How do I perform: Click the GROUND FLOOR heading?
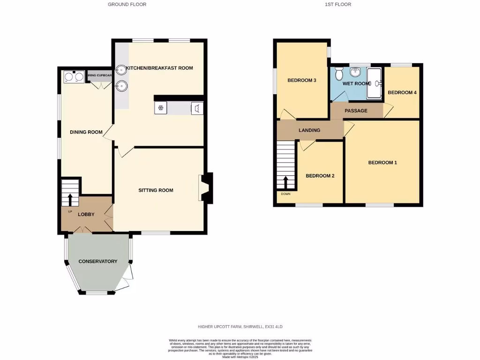[127, 4]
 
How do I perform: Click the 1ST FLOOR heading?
[337, 4]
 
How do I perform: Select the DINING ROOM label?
[86, 132]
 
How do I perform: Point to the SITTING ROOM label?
[156, 190]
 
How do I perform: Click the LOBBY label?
[86, 215]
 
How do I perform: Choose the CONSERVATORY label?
[97, 262]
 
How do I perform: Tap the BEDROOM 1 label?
[382, 163]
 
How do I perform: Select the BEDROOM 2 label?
[320, 176]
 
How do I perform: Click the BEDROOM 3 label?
[301, 81]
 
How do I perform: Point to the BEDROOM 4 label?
[402, 93]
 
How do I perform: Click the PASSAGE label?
[356, 111]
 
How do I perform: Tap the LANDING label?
[309, 130]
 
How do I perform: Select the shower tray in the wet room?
[374, 83]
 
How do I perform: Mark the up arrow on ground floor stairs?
[70, 200]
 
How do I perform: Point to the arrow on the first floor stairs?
[285, 182]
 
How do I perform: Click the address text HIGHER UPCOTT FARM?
[240, 326]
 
